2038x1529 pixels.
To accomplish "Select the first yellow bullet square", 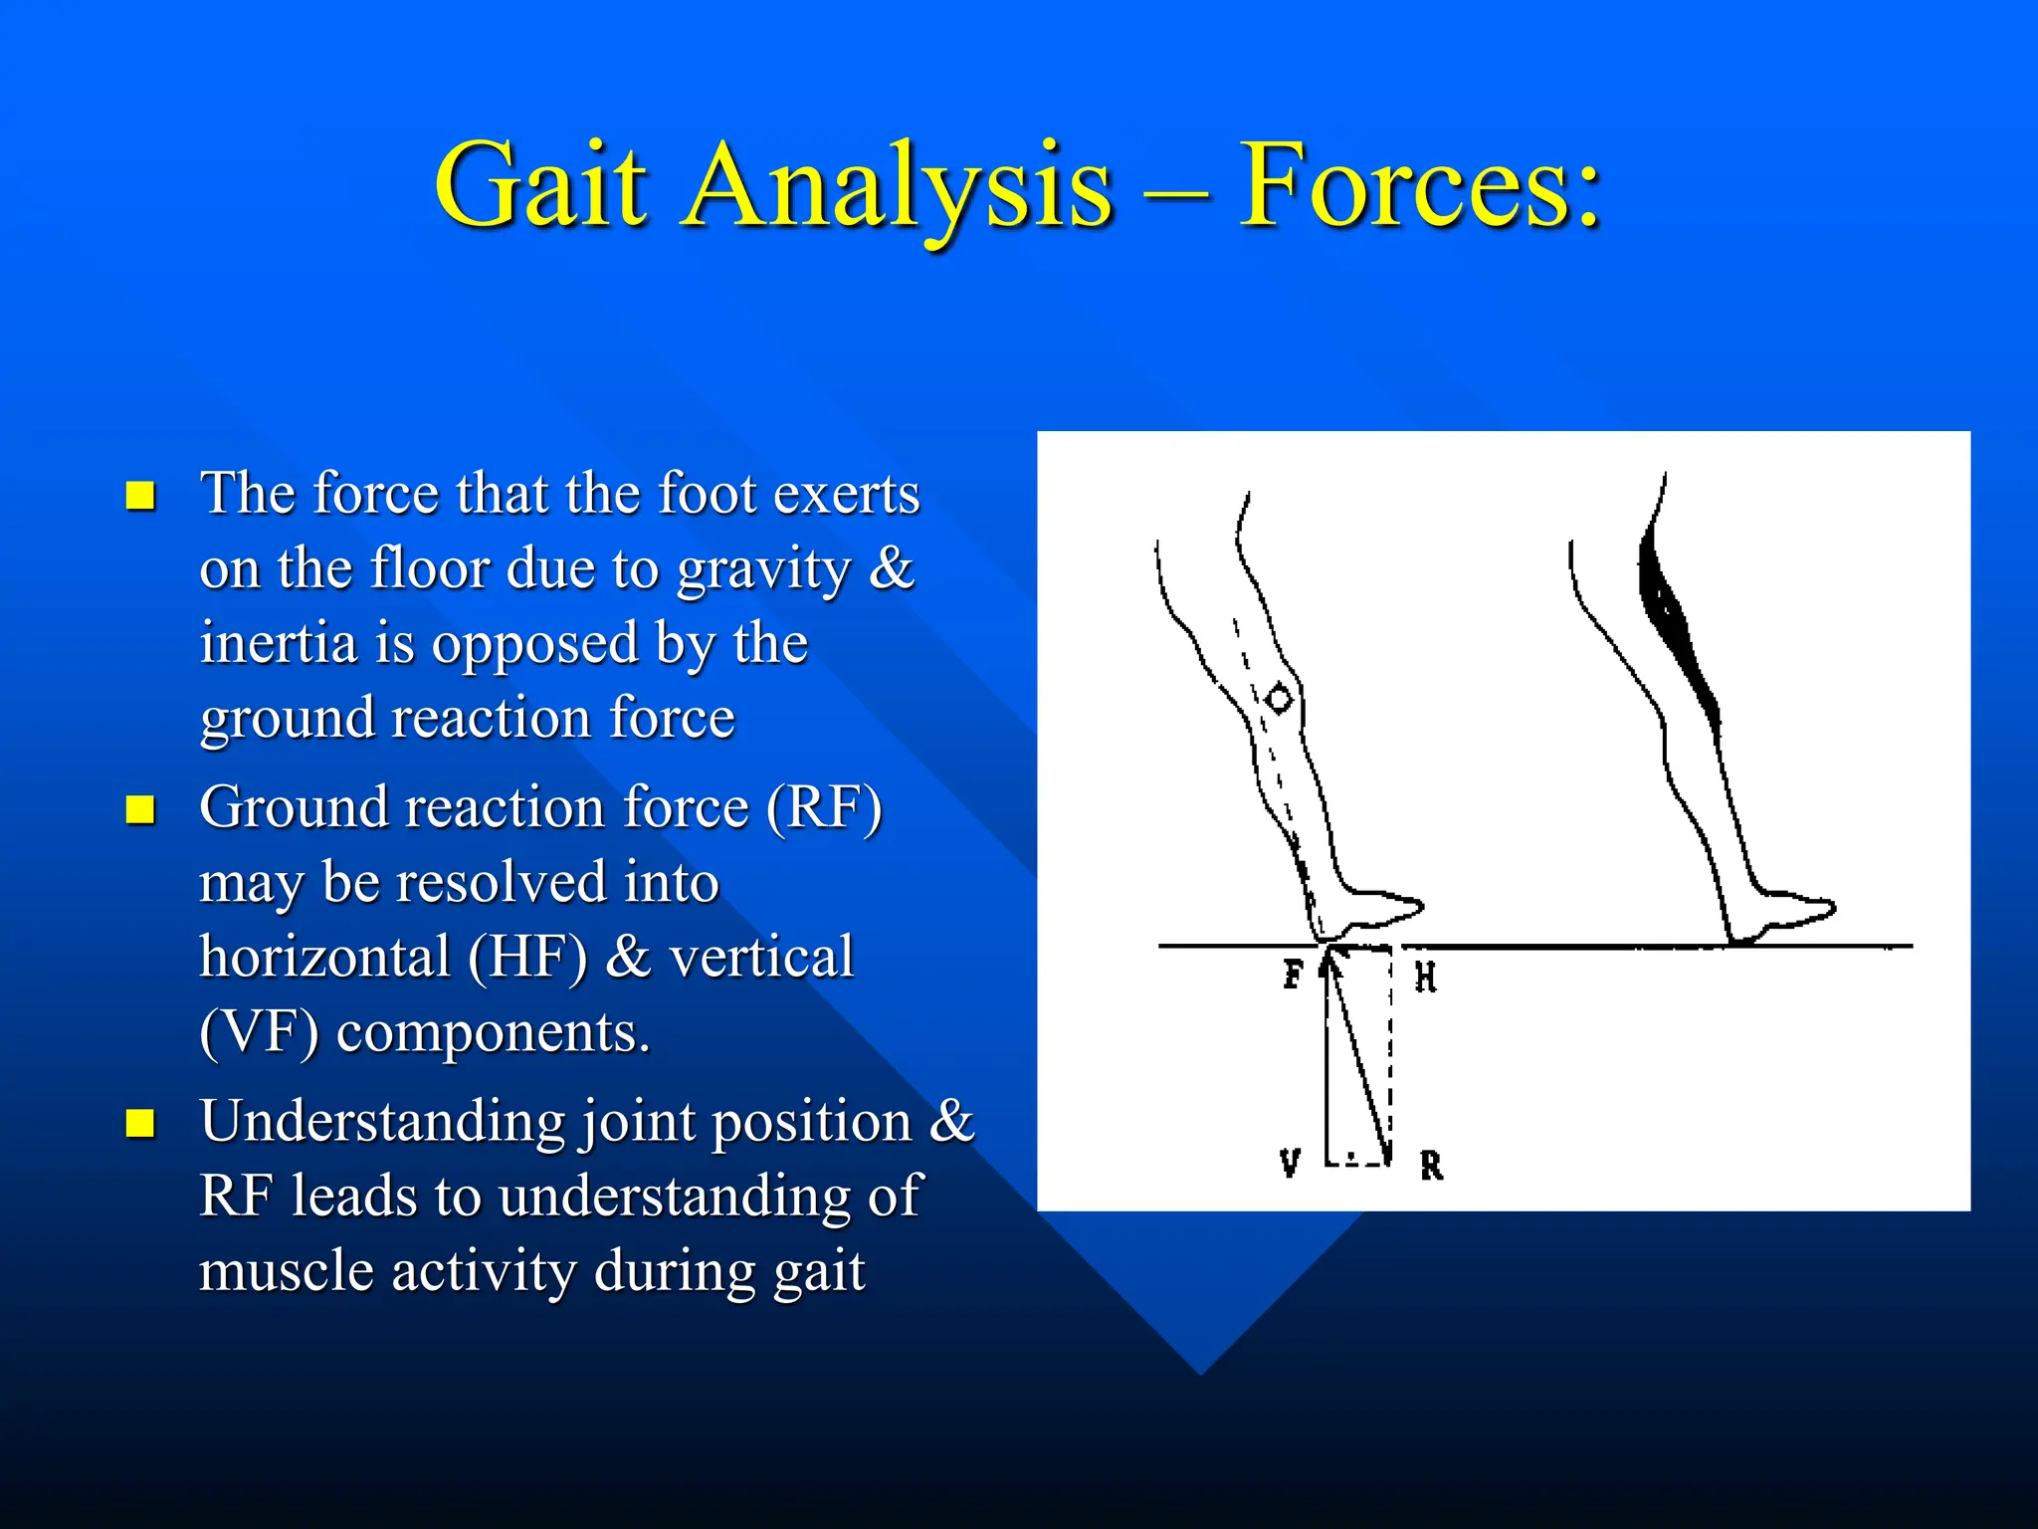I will [140, 495].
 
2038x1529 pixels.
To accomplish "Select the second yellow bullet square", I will [140, 809].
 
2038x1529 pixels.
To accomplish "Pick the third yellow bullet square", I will [140, 1123].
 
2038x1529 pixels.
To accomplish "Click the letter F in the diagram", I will [1293, 974].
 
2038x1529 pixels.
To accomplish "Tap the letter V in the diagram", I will [1290, 1162].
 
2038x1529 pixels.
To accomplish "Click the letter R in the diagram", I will [1431, 1165].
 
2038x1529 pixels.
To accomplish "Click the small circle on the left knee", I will [1280, 699].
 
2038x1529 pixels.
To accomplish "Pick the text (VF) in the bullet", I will [260, 1032].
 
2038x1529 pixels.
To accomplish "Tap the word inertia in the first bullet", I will [279, 644].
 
